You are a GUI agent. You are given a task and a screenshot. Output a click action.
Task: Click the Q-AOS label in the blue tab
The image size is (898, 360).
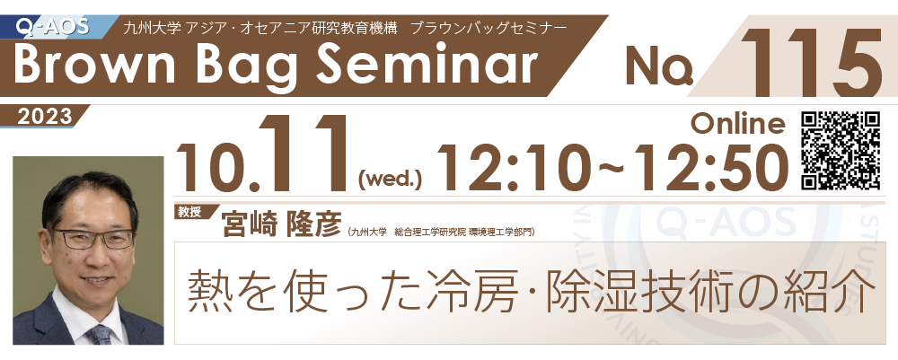[x=52, y=27]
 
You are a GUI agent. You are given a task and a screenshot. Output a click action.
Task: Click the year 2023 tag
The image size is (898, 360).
[x=45, y=117]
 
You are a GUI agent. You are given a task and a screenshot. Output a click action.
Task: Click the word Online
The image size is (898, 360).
[x=737, y=123]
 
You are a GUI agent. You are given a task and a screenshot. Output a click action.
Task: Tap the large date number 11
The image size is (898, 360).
[x=305, y=154]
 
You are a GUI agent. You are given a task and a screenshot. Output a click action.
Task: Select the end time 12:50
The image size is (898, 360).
[x=700, y=167]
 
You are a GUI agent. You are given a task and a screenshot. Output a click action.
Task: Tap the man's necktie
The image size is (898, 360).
[x=100, y=335]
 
